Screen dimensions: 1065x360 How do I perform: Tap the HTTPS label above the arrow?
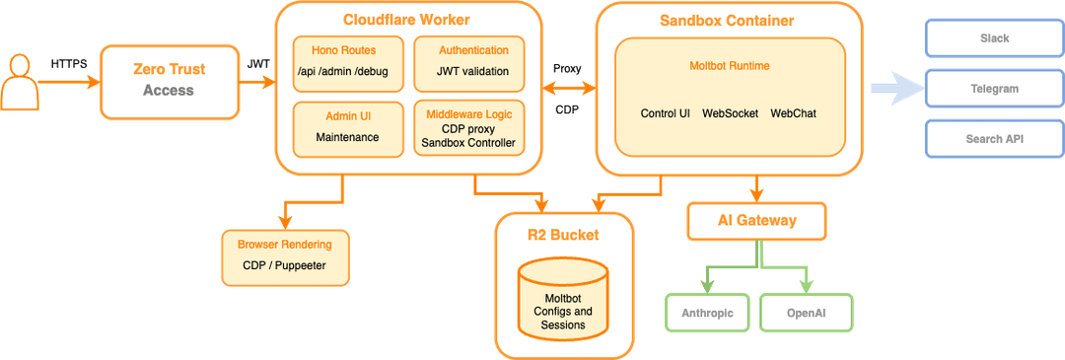click(69, 64)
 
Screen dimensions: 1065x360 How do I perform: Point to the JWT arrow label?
click(258, 64)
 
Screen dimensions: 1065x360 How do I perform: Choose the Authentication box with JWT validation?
click(470, 64)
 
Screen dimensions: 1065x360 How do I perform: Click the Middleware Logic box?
click(468, 128)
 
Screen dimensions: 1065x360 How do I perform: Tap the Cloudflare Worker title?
click(406, 20)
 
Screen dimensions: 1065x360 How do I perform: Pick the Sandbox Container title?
click(727, 21)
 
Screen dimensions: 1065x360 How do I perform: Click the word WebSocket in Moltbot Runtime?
click(730, 113)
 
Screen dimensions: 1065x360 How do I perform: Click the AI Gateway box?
click(756, 221)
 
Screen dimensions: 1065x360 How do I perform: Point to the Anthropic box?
click(706, 314)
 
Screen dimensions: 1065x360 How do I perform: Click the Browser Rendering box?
click(285, 257)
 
